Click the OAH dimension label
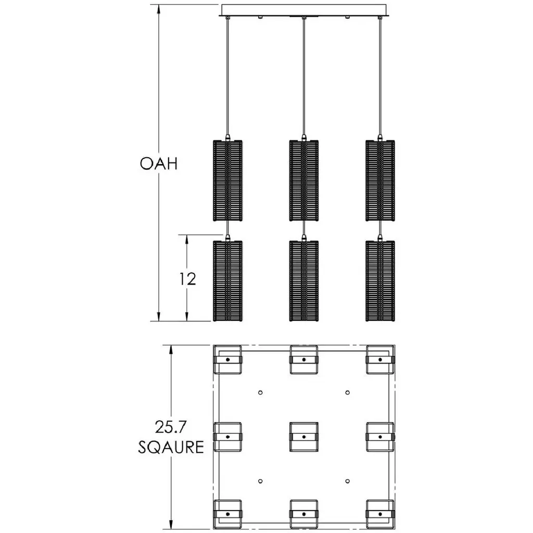click(x=159, y=163)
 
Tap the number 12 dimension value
click(x=187, y=279)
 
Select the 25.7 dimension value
click(x=171, y=427)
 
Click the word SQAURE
click(x=171, y=447)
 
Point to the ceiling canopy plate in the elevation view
click(x=304, y=10)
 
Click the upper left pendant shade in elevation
click(x=228, y=181)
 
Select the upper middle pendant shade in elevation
click(x=304, y=181)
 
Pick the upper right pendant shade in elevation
click(x=380, y=181)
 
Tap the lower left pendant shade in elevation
click(x=228, y=281)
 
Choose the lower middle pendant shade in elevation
click(x=304, y=281)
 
